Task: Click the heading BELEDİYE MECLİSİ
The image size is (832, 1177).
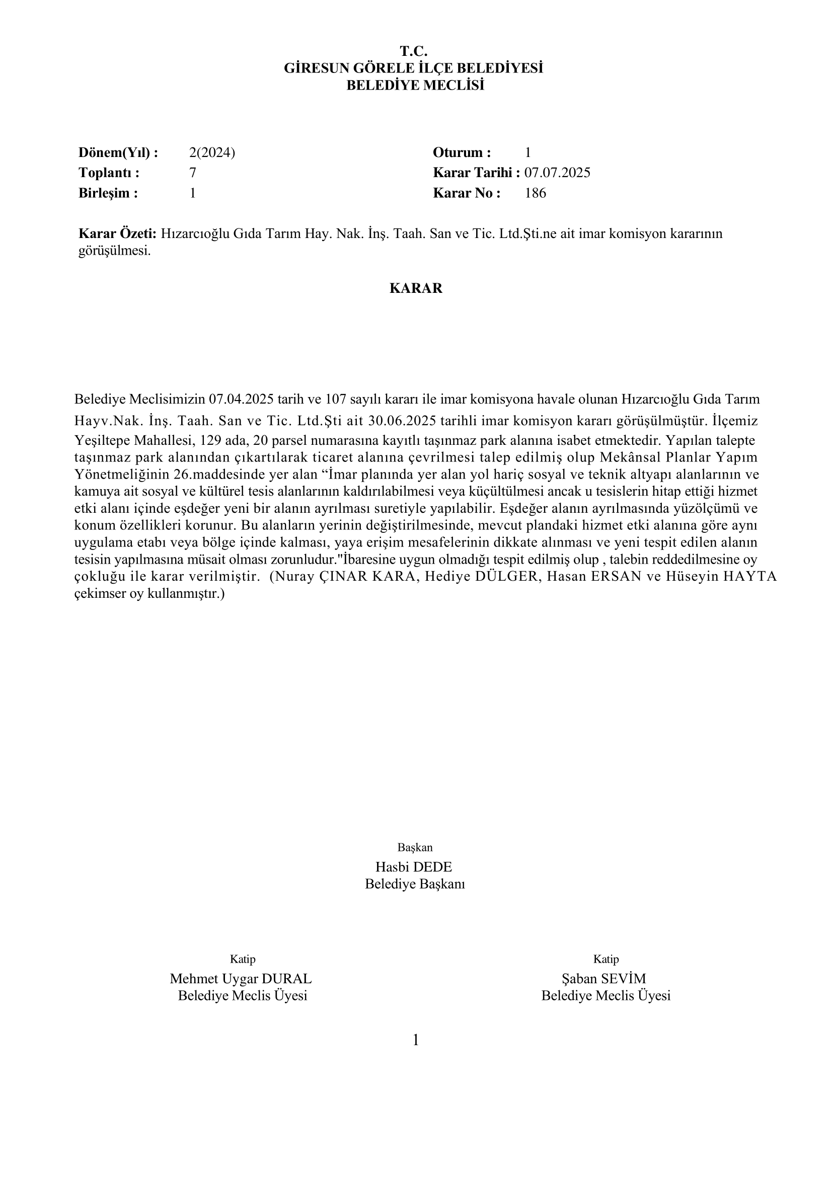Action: click(x=415, y=85)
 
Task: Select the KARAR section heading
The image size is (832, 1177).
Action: click(x=416, y=288)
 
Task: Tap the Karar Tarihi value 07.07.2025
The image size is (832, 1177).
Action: click(x=557, y=173)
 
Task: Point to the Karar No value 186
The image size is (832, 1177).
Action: click(x=535, y=193)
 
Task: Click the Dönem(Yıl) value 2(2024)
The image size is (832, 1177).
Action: click(x=212, y=152)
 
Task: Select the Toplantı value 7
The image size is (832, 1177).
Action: click(x=193, y=173)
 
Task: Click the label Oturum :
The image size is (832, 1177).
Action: click(x=462, y=152)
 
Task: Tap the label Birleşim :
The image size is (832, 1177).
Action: click(x=108, y=193)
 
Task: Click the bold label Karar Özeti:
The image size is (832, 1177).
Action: click(x=117, y=234)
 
